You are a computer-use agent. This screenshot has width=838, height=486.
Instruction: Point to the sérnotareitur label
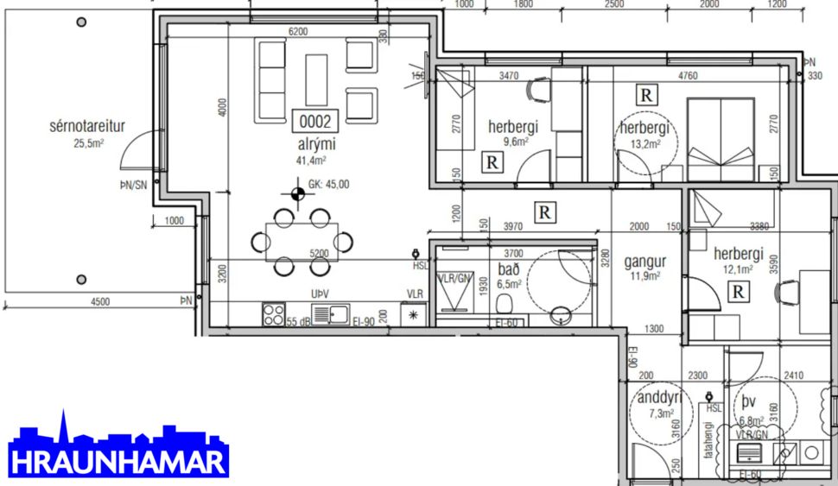point(87,127)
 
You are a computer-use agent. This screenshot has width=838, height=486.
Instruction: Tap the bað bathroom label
point(509,269)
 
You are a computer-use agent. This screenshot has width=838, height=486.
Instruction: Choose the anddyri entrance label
point(659,398)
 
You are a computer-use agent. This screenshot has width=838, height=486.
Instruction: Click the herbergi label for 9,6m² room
point(512,127)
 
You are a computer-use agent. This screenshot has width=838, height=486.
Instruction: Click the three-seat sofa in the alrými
point(270,81)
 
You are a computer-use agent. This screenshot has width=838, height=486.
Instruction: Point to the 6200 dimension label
point(297,32)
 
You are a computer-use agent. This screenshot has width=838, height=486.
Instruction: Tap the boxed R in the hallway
point(544,211)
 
